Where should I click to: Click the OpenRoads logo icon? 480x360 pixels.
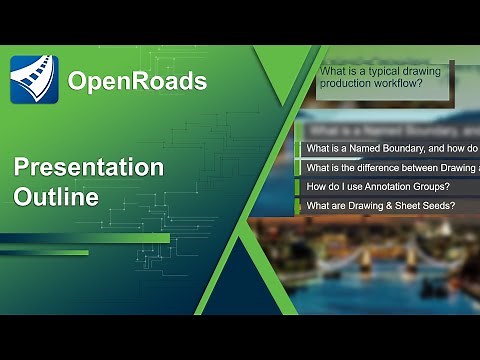(x=34, y=80)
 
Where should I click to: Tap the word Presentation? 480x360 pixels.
(x=89, y=167)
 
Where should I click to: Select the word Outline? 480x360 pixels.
(x=56, y=197)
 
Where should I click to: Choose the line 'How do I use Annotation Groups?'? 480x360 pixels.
(x=378, y=187)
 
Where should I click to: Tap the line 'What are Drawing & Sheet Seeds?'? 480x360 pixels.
(x=381, y=206)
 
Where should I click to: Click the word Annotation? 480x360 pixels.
(x=389, y=187)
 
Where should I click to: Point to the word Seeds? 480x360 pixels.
(x=441, y=206)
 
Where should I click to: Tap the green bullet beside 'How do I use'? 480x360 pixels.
(x=297, y=187)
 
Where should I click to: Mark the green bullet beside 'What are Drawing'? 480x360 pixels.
(x=297, y=206)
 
